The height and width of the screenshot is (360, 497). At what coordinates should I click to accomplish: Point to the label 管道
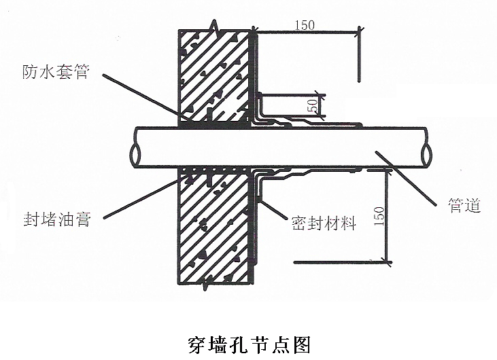465,206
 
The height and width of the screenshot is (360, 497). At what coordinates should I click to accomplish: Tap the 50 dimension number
313,106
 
